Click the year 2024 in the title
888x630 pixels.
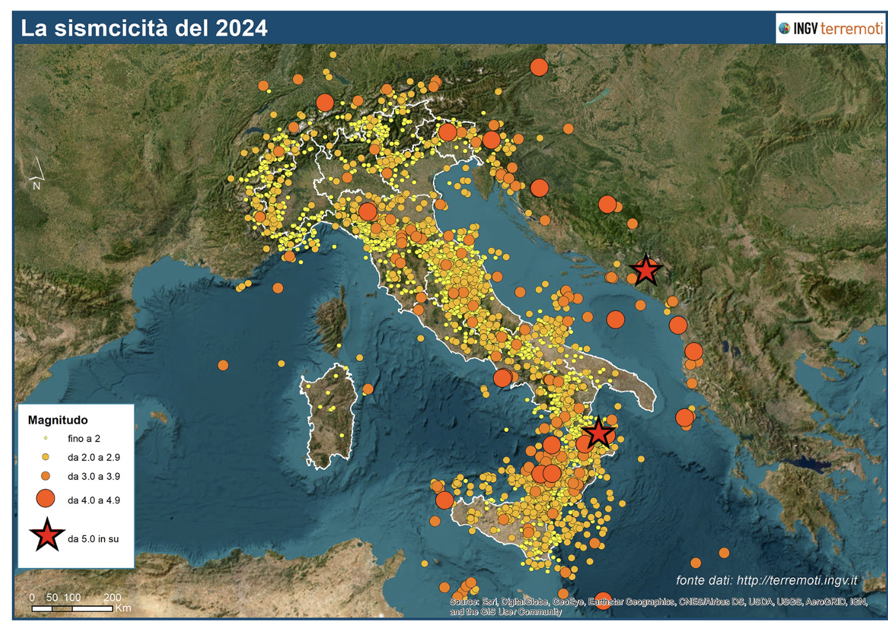tap(241, 28)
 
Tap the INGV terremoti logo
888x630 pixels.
tap(830, 28)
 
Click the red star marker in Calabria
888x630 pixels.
tap(598, 434)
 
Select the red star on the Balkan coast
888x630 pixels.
tap(645, 270)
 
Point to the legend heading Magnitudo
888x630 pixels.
tap(58, 420)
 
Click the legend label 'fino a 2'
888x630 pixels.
tap(84, 438)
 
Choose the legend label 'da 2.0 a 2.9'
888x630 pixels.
tap(93, 457)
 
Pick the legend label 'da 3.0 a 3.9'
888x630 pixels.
tap(93, 476)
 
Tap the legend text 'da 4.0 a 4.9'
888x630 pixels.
tap(93, 500)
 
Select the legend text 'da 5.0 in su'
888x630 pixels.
tap(93, 539)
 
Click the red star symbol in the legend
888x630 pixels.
tap(46, 535)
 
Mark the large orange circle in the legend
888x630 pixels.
tap(45, 499)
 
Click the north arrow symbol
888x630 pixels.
tap(36, 173)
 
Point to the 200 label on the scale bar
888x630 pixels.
tap(112, 597)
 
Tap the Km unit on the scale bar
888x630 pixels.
tap(123, 608)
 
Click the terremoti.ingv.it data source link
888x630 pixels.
tap(796, 580)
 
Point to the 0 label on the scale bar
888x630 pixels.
tap(32, 597)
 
